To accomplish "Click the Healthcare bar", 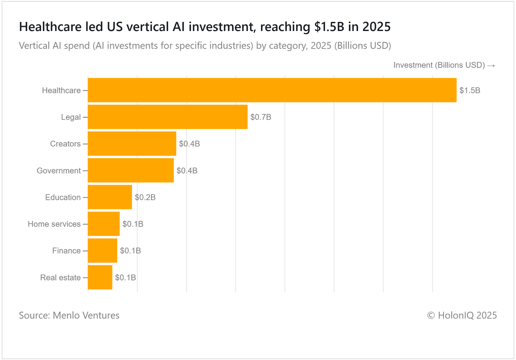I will [272, 90].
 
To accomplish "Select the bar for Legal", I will [167, 117].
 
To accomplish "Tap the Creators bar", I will [132, 144].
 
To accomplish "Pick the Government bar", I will [131, 170].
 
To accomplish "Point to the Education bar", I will [110, 197].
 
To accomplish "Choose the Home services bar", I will [104, 224].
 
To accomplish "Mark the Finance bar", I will [102, 251].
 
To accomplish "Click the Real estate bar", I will [100, 277].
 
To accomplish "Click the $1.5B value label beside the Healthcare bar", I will [470, 90].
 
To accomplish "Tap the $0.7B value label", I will [261, 117].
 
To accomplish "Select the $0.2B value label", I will [145, 197].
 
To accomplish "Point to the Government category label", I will [59, 171].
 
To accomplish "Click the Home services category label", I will [54, 224].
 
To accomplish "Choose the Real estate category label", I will [60, 278].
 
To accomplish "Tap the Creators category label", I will [65, 144].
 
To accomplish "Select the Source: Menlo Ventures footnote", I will [69, 315].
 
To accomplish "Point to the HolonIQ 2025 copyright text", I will [462, 315].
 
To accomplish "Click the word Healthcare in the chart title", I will [50, 27].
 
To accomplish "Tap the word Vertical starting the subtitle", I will [34, 46].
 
